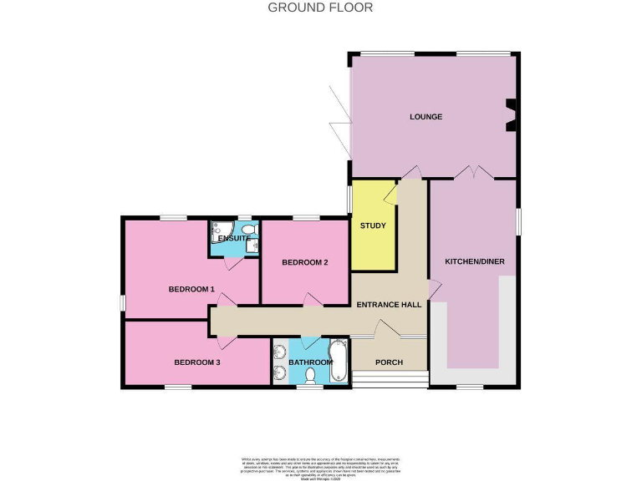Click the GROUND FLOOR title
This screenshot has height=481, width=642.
pyautogui.click(x=320, y=8)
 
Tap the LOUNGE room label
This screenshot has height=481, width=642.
pyautogui.click(x=425, y=116)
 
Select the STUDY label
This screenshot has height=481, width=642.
pyautogui.click(x=373, y=225)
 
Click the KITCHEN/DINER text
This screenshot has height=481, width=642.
pyautogui.click(x=474, y=261)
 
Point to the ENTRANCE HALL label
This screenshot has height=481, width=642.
pyautogui.click(x=389, y=305)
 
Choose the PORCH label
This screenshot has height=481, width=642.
pyautogui.click(x=389, y=362)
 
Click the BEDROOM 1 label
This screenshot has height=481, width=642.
pyautogui.click(x=191, y=289)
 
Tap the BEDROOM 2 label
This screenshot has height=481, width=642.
pyautogui.click(x=304, y=262)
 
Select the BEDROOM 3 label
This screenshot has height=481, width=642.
pyautogui.click(x=196, y=362)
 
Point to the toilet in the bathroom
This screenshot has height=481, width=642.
pyautogui.click(x=310, y=377)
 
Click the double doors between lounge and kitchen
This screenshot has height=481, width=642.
pyautogui.click(x=473, y=173)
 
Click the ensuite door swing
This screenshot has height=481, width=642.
pyautogui.click(x=237, y=262)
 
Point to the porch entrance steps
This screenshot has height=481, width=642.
pyautogui.click(x=389, y=380)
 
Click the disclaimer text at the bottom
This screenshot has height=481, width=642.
pyautogui.click(x=321, y=465)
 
